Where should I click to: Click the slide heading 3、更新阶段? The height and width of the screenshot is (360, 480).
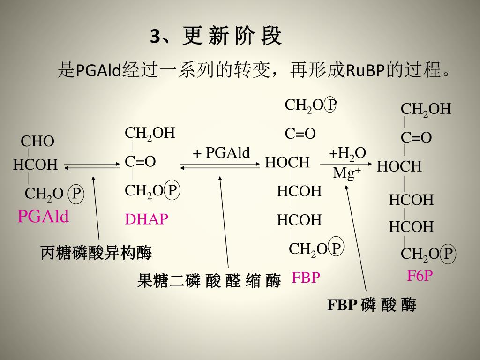pos(216,36)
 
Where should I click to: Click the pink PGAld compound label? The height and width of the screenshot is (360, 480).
pos(43,217)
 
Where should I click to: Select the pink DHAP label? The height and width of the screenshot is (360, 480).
pos(146,219)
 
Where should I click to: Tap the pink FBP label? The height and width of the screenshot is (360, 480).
pos(306,277)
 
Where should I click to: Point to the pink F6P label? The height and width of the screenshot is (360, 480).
pos(420,276)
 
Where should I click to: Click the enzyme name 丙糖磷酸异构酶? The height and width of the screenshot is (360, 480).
pos(96,253)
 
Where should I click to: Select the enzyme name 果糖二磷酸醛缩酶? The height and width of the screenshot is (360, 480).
pos(209,281)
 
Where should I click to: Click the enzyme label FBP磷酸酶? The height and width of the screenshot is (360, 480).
pos(371,305)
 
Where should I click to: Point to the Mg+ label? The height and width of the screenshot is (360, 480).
pos(347,173)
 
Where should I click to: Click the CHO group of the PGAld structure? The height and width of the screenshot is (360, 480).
pos(37,141)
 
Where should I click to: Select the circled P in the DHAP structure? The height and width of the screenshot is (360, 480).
pos(172,190)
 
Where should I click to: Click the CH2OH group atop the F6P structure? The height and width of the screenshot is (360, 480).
pos(426,109)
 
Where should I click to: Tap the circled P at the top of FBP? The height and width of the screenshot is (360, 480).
pos(331,105)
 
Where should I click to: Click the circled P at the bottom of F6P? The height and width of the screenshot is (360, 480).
pos(448,254)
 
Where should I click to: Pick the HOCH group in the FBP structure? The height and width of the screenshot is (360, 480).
pos(287,163)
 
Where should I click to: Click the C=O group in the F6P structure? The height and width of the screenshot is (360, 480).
pos(416,138)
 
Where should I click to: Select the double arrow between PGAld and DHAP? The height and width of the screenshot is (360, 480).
pos(92,165)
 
